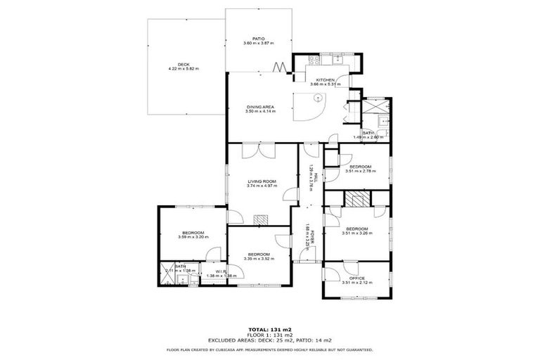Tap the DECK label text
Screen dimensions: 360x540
coord(184,64)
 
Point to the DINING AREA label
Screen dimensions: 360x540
coord(260,107)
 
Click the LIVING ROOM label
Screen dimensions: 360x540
coord(261,181)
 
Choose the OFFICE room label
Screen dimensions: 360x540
coord(356,278)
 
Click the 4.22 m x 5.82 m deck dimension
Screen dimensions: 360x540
coord(184,69)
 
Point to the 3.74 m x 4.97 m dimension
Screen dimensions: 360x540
coord(261,186)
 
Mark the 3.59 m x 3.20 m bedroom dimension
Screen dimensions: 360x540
coord(193,238)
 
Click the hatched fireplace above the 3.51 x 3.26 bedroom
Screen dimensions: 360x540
coord(357,200)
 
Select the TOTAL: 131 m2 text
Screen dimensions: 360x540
coord(270,328)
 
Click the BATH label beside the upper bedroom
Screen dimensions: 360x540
coord(368,132)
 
